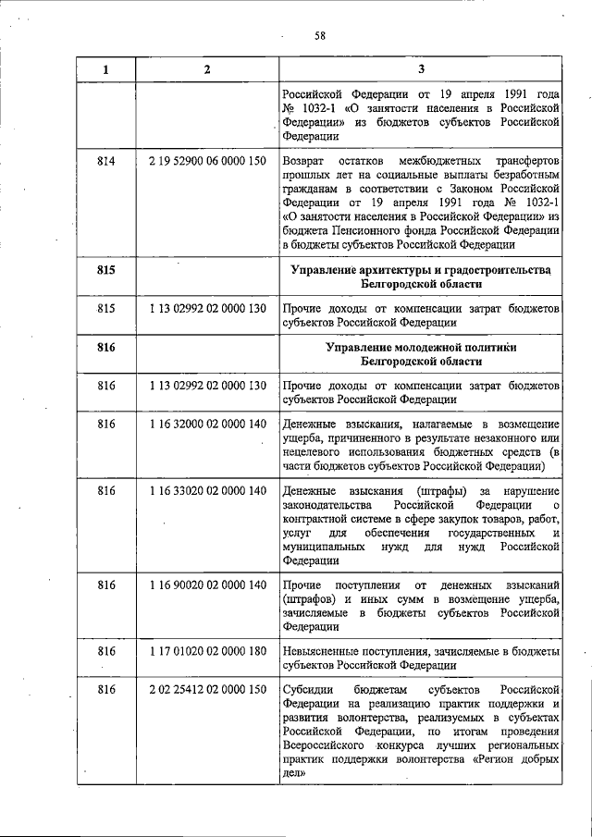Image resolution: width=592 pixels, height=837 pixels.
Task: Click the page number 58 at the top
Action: [x=319, y=36]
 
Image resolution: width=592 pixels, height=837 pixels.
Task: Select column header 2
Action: [x=206, y=69]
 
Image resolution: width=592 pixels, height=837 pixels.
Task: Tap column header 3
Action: [x=421, y=69]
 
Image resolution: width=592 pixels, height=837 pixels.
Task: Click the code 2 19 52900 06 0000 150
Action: [x=206, y=161]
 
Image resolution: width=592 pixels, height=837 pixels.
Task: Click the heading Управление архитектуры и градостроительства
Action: [x=421, y=269]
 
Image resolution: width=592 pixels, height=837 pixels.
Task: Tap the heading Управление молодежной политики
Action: [x=421, y=346]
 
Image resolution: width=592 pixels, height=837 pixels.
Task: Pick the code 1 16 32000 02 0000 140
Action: [x=206, y=424]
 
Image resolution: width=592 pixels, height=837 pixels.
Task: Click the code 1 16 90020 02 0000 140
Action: [x=206, y=585]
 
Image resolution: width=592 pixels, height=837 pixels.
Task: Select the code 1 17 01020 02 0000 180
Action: [x=206, y=652]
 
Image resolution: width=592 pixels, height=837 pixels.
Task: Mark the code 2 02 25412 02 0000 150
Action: [x=206, y=690]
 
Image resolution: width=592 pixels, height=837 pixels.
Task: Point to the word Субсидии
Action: [x=308, y=690]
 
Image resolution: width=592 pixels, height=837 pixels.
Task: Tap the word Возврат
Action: [x=304, y=161]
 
